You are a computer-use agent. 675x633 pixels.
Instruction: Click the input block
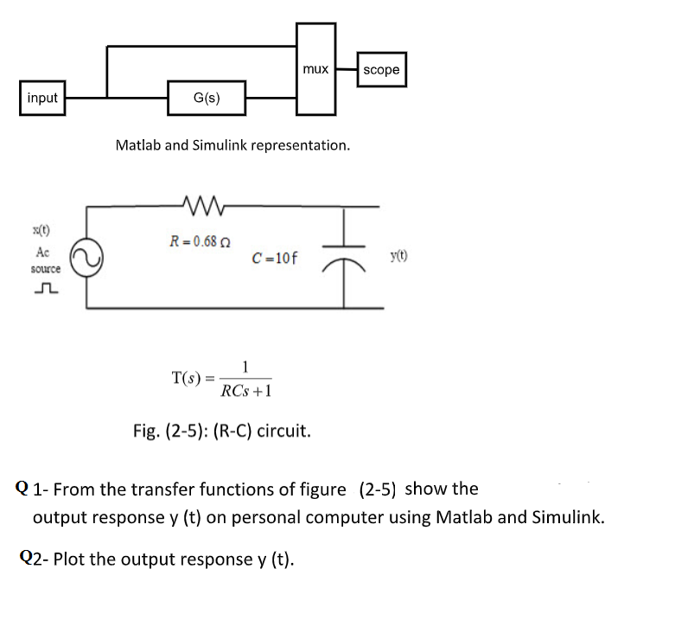pyautogui.click(x=42, y=98)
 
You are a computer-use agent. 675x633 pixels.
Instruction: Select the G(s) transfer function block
pyautogui.click(x=207, y=98)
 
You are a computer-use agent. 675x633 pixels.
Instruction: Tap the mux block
pyautogui.click(x=315, y=69)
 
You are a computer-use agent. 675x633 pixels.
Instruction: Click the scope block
pyautogui.click(x=381, y=69)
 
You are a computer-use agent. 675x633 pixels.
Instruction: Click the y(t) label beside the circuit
pyautogui.click(x=399, y=256)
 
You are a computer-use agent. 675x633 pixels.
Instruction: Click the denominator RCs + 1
pyautogui.click(x=246, y=391)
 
